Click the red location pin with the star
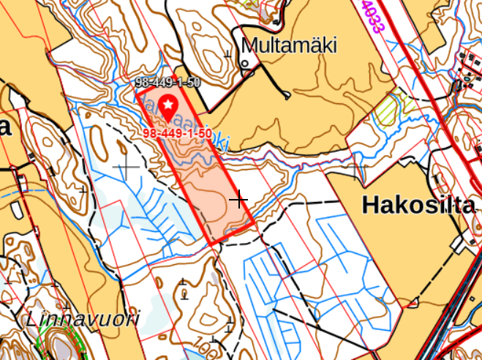pos(169,108)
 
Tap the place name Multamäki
pos(290,45)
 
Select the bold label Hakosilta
pos(418,206)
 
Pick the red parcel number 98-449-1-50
pos(178,134)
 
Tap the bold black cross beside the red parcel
pos(239,198)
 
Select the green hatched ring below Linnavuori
pos(60,342)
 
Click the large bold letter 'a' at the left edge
pos(5,129)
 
